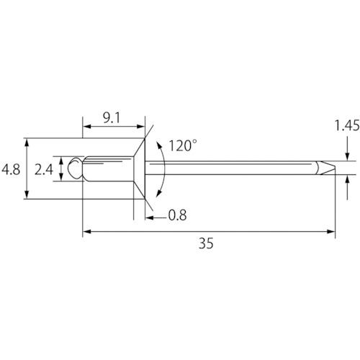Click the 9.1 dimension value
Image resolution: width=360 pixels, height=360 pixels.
[x=112, y=118]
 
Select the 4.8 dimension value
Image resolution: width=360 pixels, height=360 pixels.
[x=11, y=170]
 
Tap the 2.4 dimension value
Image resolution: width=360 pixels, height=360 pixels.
[x=44, y=170]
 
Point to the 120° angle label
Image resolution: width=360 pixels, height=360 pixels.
[x=183, y=145]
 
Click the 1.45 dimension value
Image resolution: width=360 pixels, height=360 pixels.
[x=347, y=125]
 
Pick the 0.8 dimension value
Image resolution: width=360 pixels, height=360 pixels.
[x=177, y=215]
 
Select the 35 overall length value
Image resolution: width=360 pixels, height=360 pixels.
[x=206, y=243]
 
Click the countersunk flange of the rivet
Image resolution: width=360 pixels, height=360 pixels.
[x=140, y=168]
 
